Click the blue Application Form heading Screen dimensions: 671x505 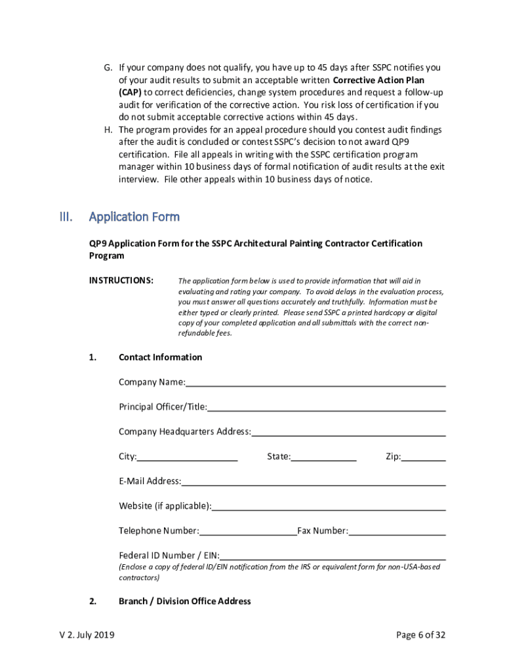(x=134, y=217)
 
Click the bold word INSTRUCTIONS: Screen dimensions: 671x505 (x=121, y=280)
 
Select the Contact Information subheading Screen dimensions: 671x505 (x=160, y=357)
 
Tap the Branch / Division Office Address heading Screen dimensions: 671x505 (x=184, y=601)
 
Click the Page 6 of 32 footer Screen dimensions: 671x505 (x=420, y=635)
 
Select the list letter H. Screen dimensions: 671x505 (x=109, y=130)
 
